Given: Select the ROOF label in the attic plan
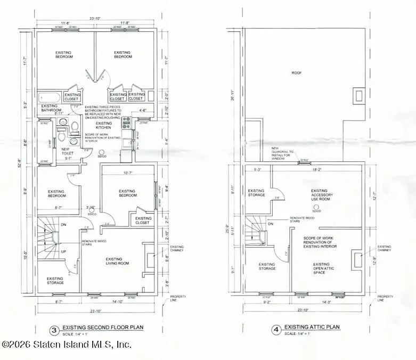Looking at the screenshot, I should click(x=296, y=72).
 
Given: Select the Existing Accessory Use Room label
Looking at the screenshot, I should click(x=319, y=196).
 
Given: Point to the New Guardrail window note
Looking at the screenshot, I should click(x=282, y=153).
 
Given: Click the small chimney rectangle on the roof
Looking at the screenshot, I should click(x=358, y=96).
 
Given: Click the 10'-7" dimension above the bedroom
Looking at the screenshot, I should click(x=128, y=173).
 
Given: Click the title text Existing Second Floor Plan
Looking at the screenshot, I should click(x=102, y=328).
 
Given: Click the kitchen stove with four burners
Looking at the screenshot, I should click(x=127, y=123).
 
